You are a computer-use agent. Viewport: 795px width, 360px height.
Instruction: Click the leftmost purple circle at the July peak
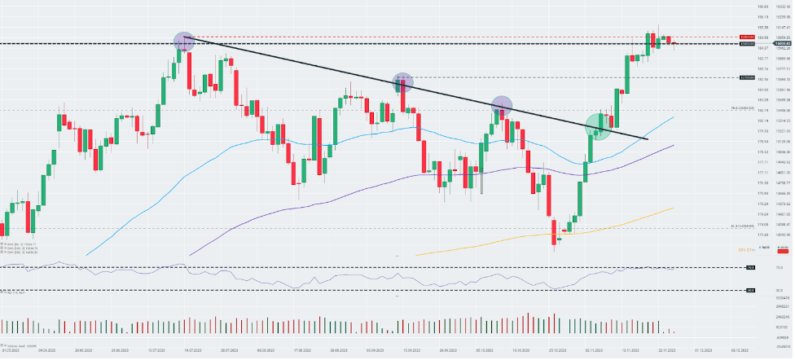pyautogui.click(x=183, y=41)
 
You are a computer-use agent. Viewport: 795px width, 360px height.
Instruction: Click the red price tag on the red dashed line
pyautogui.click(x=745, y=37)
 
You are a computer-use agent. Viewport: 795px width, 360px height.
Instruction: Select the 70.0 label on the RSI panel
pyautogui.click(x=750, y=267)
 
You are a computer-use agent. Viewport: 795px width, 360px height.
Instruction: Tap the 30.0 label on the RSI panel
pyautogui.click(x=750, y=289)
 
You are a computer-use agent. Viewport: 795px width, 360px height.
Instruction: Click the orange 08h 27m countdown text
pyautogui.click(x=743, y=249)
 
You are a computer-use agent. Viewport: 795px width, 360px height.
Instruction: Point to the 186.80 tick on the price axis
pyautogui.click(x=763, y=7)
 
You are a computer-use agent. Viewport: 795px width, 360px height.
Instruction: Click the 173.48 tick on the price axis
pyautogui.click(x=763, y=234)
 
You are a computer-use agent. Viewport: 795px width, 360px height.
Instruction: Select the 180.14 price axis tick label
pyautogui.click(x=763, y=121)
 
